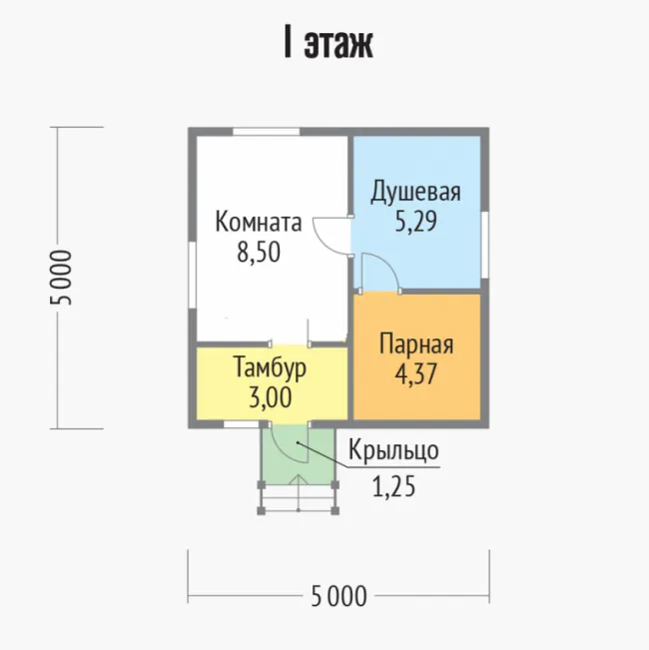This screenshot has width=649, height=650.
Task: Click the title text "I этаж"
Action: coord(328,43)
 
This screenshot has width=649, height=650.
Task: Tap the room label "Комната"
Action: coord(259,223)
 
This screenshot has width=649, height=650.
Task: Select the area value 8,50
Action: coord(259,252)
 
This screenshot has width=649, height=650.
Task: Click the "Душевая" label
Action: coord(415,192)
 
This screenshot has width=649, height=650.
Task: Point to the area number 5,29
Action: coord(415,222)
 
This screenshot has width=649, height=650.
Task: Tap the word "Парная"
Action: coord(416,344)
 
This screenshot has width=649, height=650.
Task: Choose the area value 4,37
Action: coord(415,373)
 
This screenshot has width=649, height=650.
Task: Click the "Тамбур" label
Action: coord(270,367)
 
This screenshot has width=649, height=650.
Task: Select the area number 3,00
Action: coord(271,397)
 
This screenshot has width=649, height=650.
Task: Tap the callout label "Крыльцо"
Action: coord(393,449)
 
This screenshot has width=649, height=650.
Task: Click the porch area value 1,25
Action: coord(393,486)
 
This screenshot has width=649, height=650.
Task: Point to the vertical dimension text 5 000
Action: coord(61,278)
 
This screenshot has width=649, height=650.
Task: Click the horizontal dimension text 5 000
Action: coord(338,596)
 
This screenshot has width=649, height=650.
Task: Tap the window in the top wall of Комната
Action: coord(266,132)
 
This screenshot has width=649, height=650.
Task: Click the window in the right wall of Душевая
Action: coord(485,245)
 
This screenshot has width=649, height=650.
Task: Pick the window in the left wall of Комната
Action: coord(192,275)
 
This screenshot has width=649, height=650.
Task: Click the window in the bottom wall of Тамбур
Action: coord(242,424)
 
